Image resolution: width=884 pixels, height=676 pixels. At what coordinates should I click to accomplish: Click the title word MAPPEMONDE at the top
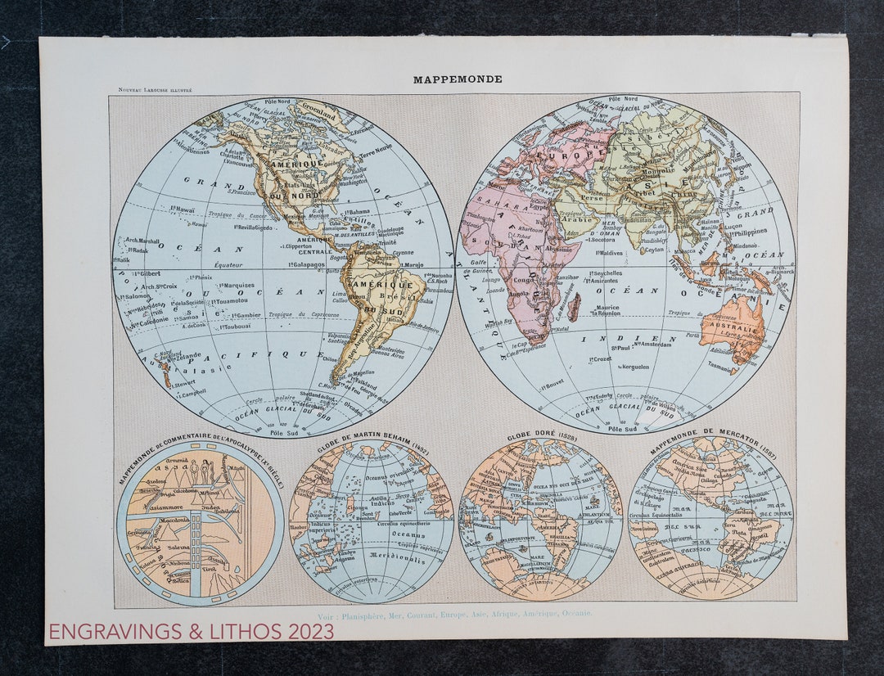click(x=458, y=79)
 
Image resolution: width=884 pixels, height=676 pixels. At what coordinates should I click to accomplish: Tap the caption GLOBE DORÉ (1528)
click(x=541, y=436)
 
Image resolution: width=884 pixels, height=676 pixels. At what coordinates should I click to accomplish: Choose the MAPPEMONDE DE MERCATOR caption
click(x=710, y=442)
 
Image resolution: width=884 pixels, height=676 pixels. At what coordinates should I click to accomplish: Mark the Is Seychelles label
click(x=602, y=273)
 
